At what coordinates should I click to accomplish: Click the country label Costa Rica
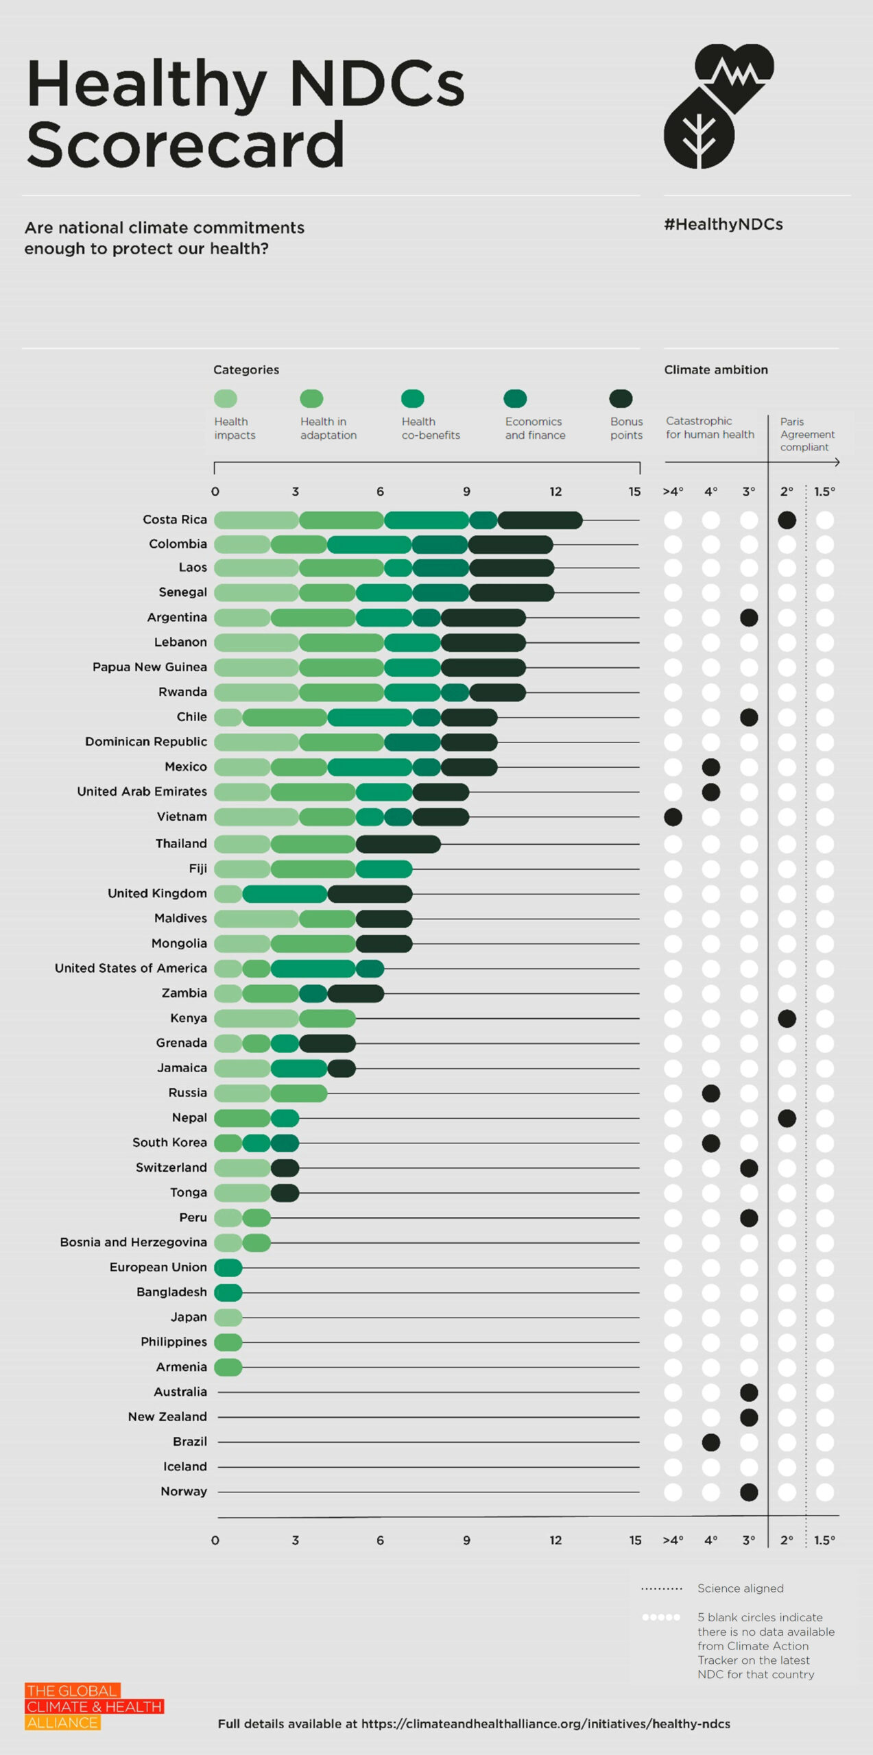(174, 520)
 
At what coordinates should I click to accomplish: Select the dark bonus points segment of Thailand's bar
(398, 844)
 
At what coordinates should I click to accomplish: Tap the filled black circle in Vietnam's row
(673, 816)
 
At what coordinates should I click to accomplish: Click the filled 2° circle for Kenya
(787, 1018)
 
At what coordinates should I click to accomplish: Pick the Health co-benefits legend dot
(412, 398)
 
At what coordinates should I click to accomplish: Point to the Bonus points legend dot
(621, 398)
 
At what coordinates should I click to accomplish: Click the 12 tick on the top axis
(555, 492)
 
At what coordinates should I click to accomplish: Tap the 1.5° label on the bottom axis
(824, 1540)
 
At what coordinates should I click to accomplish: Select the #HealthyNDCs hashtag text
(723, 224)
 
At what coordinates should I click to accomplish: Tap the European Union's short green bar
(228, 1268)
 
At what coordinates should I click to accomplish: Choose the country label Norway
(183, 1491)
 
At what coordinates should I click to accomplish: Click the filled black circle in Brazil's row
(710, 1442)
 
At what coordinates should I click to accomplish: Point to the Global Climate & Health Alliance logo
(94, 1706)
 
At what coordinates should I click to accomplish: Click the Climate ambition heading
(715, 370)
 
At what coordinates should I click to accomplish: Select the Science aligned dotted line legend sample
(661, 1588)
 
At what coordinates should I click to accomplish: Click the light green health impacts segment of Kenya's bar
(256, 1018)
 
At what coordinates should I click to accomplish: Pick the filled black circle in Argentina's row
(749, 617)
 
